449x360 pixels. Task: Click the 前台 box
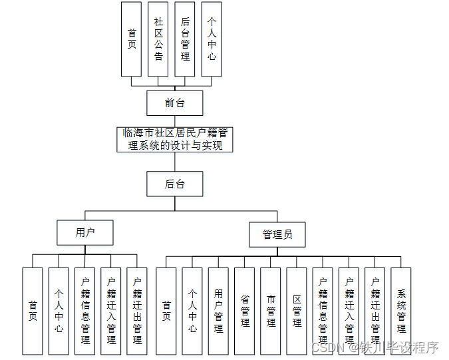(174, 103)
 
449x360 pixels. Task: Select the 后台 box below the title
(174, 184)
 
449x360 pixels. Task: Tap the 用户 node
(85, 233)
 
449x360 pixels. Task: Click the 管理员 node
(277, 234)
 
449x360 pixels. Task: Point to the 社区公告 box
(158, 39)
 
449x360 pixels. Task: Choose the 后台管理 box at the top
(185, 39)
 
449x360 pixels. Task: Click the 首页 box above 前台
(132, 39)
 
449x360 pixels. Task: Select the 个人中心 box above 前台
(212, 39)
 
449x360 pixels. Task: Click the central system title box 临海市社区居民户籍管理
(174, 140)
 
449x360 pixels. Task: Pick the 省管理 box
(245, 311)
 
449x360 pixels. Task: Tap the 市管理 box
(271, 311)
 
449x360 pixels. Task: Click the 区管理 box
(297, 311)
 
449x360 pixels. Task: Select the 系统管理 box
(401, 311)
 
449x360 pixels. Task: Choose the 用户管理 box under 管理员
(218, 311)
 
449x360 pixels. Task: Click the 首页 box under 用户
(33, 311)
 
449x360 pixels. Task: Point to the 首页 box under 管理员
(166, 311)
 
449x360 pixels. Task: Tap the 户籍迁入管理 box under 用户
(111, 311)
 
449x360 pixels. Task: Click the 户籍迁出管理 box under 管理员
(375, 311)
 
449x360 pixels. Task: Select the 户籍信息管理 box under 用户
(85, 311)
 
